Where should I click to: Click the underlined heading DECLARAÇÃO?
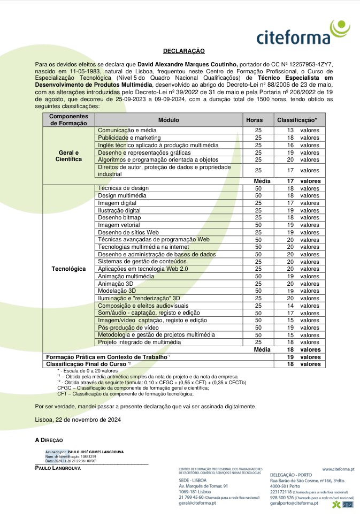point(184,51)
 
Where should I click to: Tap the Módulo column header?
point(168,120)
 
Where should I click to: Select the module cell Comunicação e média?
point(127,131)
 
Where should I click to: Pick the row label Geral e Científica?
point(68,156)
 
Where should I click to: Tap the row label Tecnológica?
point(68,269)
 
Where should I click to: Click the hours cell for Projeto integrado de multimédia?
point(258,342)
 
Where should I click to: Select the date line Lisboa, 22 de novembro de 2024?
point(78,420)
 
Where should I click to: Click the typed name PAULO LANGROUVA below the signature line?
point(58,468)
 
